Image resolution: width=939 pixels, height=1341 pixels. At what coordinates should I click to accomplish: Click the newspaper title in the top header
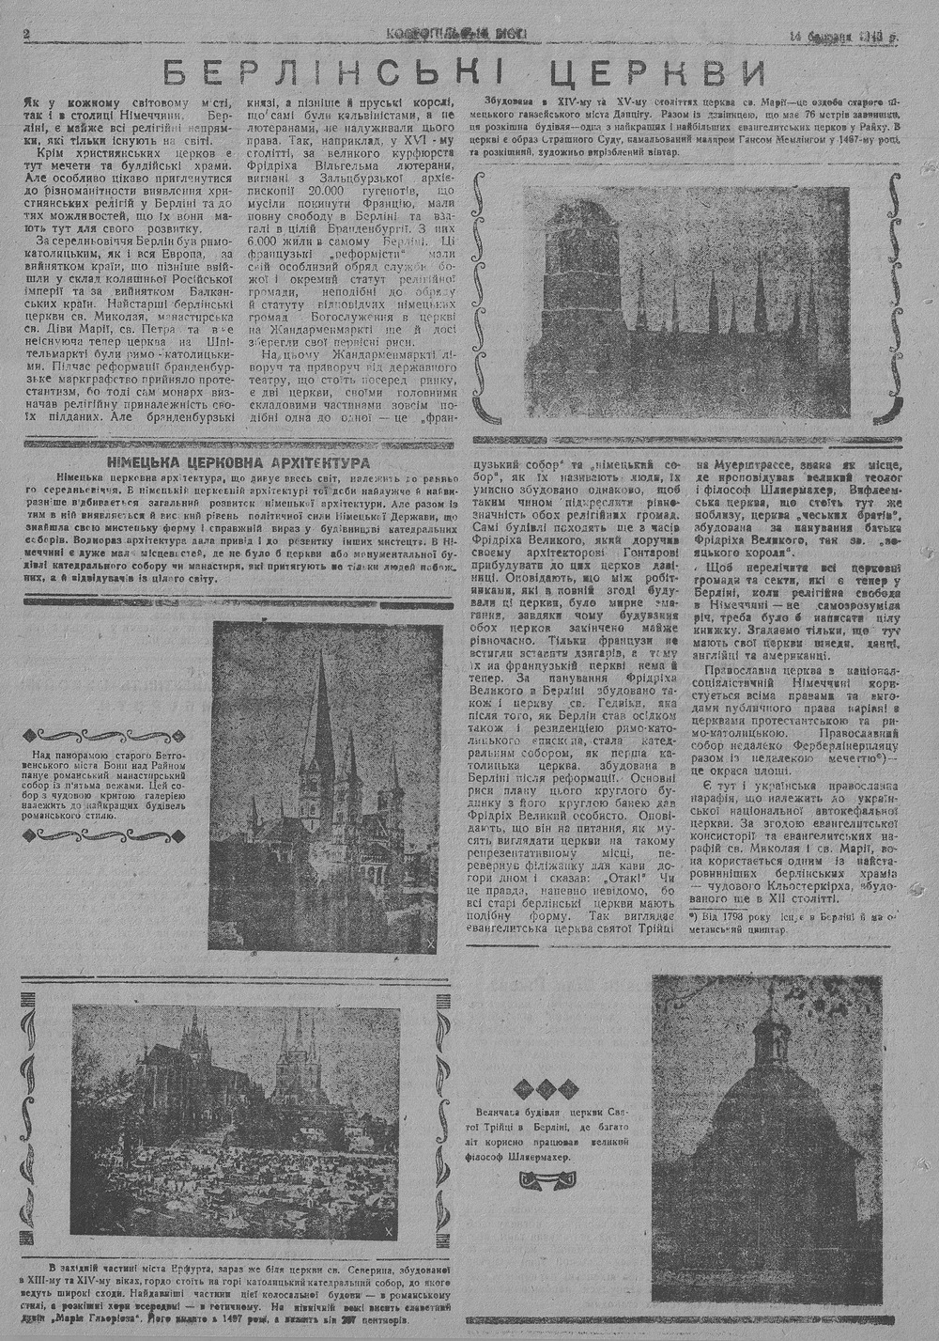click(456, 35)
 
